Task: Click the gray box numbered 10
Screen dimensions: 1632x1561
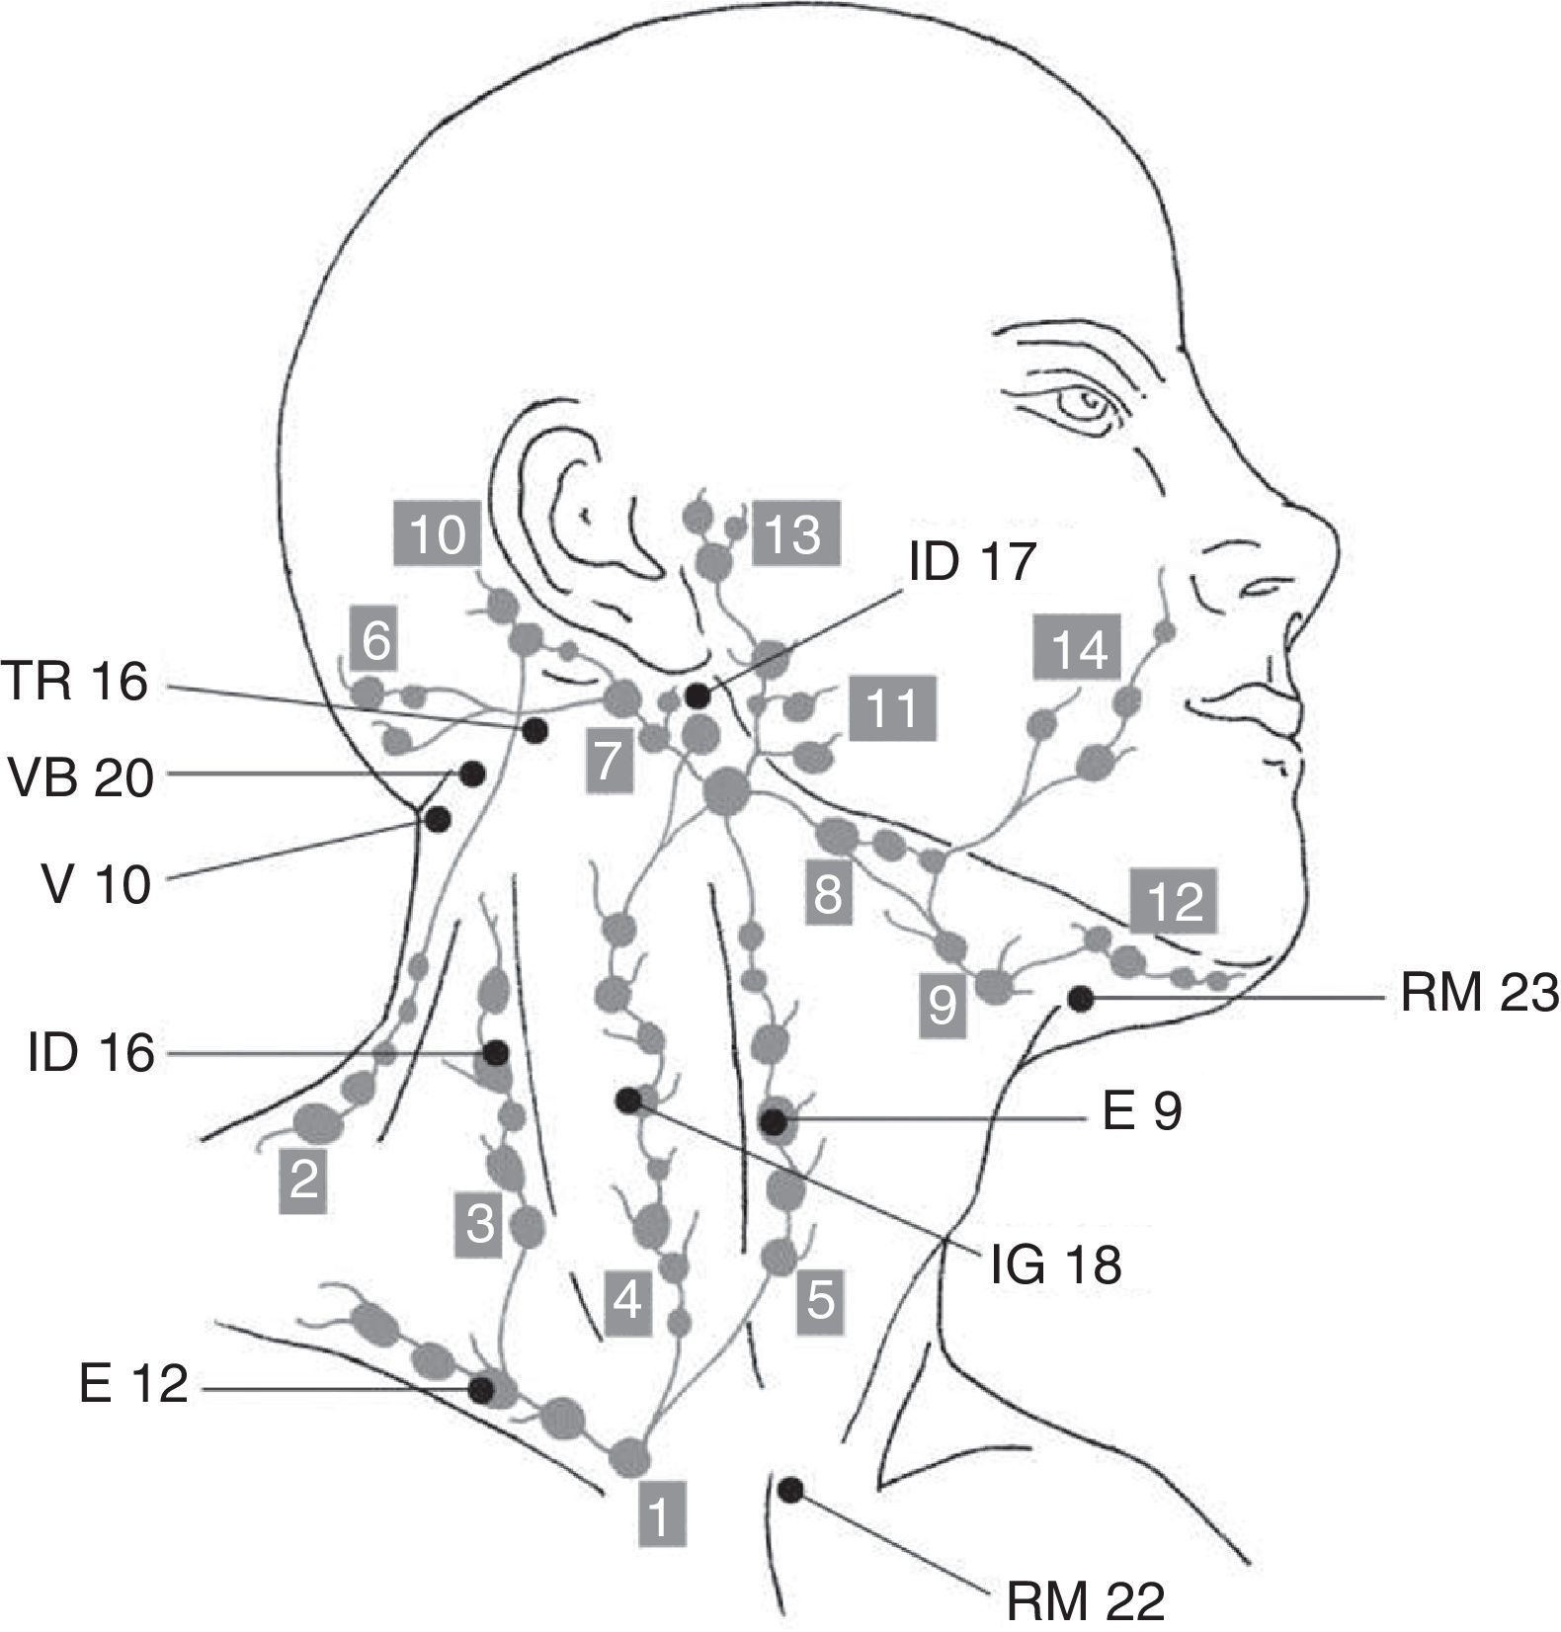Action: pyautogui.click(x=437, y=533)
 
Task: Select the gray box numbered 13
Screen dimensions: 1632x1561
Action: pyautogui.click(x=795, y=533)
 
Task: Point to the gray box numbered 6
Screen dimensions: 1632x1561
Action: pyautogui.click(x=376, y=642)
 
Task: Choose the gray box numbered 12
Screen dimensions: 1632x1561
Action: pyautogui.click(x=1176, y=901)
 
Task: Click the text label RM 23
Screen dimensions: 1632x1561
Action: pyautogui.click(x=1478, y=995)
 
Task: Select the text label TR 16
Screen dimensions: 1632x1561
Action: pyautogui.click(x=75, y=682)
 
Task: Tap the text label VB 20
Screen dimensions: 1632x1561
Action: pyautogui.click(x=81, y=777)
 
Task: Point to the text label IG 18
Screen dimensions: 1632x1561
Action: pyautogui.click(x=1055, y=1265)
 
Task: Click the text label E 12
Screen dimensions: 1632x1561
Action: pyautogui.click(x=133, y=1384)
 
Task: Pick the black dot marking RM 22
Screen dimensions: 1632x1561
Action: pyautogui.click(x=790, y=1489)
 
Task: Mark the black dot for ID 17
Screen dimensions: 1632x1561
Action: pyautogui.click(x=698, y=695)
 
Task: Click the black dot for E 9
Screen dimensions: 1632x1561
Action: pyautogui.click(x=774, y=1121)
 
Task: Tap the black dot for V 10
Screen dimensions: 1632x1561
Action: pyautogui.click(x=437, y=819)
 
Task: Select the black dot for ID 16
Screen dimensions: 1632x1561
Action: pyautogui.click(x=496, y=1053)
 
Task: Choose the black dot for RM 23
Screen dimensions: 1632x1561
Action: pyautogui.click(x=1081, y=999)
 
